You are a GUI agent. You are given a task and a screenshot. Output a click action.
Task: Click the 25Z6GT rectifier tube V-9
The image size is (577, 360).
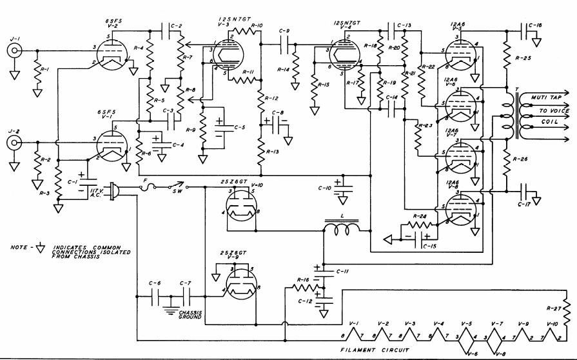[239, 284]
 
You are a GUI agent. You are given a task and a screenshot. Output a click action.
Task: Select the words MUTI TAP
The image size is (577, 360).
[544, 98]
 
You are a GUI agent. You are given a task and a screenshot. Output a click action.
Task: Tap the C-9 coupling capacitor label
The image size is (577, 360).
[284, 30]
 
